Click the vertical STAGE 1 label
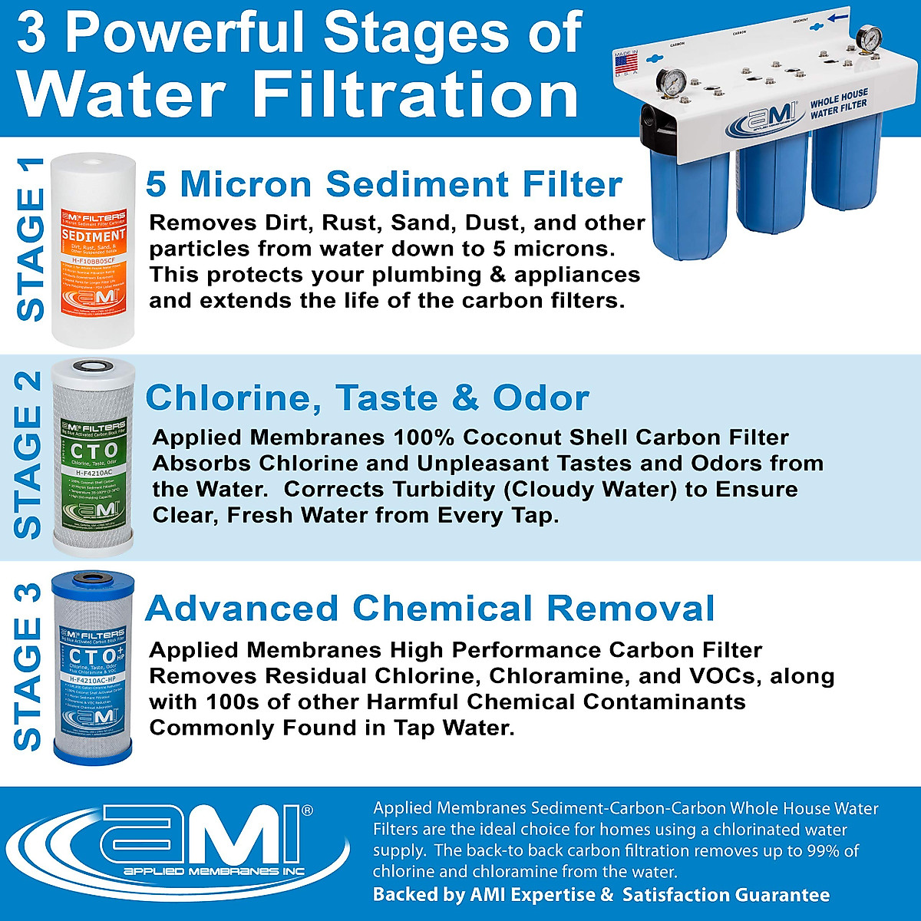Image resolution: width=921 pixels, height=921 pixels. point(31,239)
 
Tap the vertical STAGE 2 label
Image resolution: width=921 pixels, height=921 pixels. point(29,454)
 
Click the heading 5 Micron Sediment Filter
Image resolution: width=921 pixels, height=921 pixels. point(384,184)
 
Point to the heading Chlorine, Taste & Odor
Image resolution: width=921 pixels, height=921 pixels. point(367,398)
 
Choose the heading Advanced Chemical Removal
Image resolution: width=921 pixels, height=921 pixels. point(430,608)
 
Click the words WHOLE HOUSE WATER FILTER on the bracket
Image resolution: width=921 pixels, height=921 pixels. point(839,106)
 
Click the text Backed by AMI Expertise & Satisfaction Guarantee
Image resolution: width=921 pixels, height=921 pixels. point(601,895)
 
